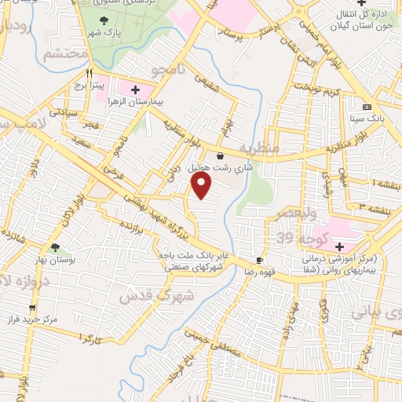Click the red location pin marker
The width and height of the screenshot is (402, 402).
pos(203,186)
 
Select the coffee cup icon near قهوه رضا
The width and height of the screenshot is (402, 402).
pos(260,260)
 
